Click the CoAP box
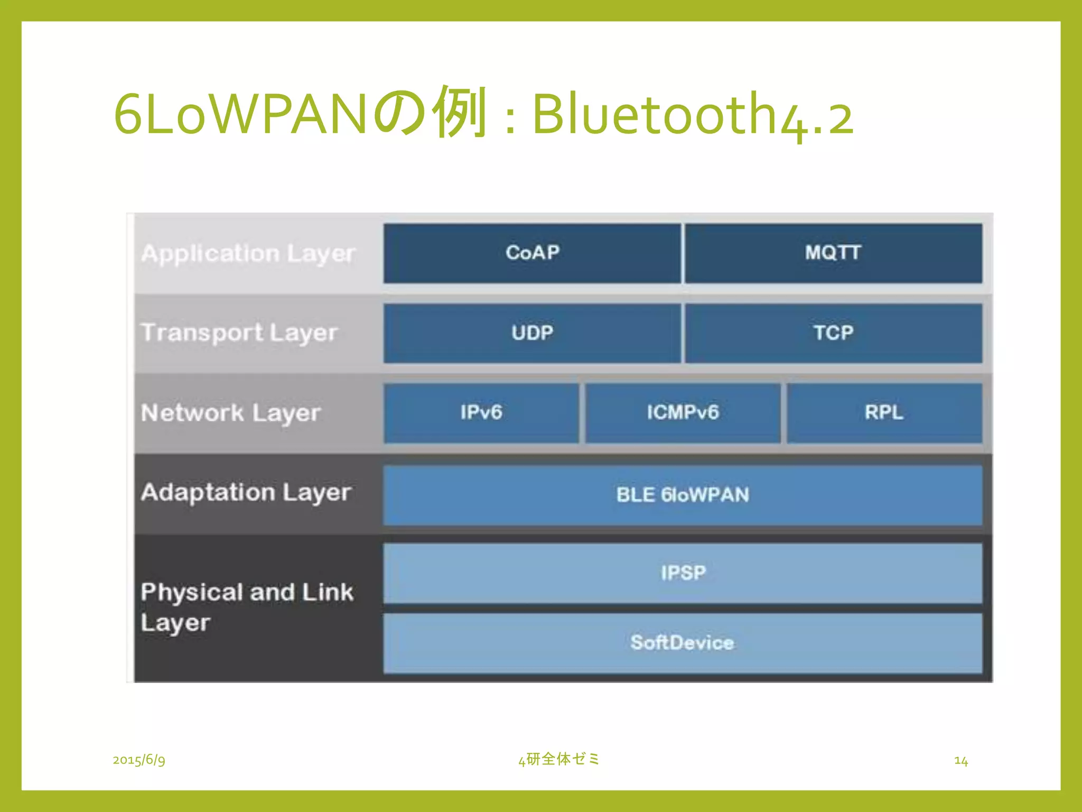(x=532, y=253)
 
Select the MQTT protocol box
(x=833, y=253)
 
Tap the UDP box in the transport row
(x=532, y=333)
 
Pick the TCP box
(x=833, y=333)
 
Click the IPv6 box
(x=481, y=413)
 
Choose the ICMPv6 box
(x=683, y=413)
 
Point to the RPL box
(x=884, y=413)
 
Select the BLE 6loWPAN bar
(x=683, y=495)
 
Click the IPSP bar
(x=683, y=573)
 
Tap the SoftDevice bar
(x=683, y=643)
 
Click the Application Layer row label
(x=248, y=254)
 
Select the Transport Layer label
(x=239, y=333)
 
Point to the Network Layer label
(x=231, y=413)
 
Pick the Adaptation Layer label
(x=246, y=493)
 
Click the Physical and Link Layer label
(x=246, y=607)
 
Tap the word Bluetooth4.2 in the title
(x=692, y=114)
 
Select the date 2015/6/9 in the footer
(x=139, y=760)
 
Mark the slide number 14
(x=960, y=761)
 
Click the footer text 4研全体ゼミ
(x=559, y=759)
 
